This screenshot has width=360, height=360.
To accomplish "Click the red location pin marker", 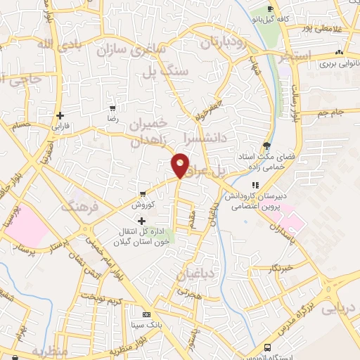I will tap(181, 165).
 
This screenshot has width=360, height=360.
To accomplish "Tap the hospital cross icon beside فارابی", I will tap(61, 115).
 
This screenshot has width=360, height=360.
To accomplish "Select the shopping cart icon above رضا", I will tap(112, 109).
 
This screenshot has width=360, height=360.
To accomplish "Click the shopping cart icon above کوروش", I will tap(143, 193).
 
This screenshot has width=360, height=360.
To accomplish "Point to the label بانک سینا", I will tap(146, 326).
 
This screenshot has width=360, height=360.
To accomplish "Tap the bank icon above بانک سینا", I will tap(146, 314).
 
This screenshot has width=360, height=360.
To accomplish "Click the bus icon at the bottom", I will tap(267, 347).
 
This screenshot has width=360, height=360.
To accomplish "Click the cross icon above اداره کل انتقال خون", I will tap(143, 221).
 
